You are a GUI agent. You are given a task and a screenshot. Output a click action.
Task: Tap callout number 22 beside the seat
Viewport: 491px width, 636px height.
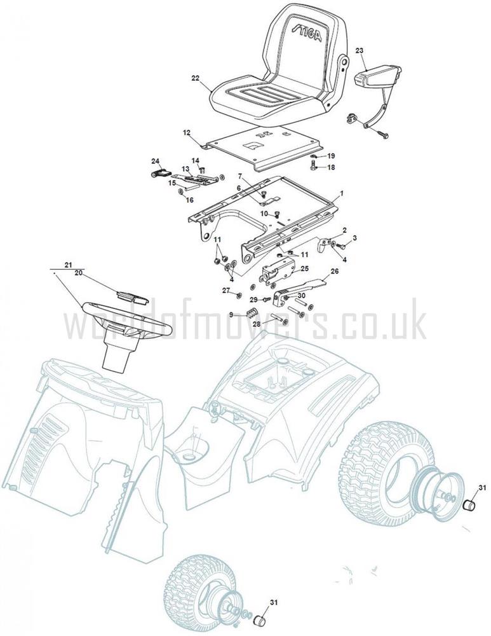point(195,78)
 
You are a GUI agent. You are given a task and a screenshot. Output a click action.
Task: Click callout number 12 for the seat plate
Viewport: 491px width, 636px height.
point(186,133)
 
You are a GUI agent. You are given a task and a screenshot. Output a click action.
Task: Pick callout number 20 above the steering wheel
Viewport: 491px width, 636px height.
point(79,273)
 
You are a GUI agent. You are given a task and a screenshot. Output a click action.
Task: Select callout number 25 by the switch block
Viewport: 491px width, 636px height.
point(304,268)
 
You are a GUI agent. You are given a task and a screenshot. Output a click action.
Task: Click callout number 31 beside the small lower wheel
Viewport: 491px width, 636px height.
point(274,603)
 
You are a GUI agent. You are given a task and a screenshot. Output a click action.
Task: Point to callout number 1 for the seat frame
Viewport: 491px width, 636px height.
point(341,194)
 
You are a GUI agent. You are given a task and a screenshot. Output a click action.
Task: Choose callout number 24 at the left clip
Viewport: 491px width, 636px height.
point(156,161)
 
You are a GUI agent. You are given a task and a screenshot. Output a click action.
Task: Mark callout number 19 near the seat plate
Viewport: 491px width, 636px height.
point(331,156)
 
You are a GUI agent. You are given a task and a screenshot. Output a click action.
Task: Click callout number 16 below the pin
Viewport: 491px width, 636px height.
point(189,200)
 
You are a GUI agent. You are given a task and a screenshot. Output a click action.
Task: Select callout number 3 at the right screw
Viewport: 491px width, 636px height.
point(354,238)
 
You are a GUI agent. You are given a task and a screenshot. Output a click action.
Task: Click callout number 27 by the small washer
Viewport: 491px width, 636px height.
point(226,290)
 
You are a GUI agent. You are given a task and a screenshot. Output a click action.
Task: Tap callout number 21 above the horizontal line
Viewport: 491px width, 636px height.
point(68,265)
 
